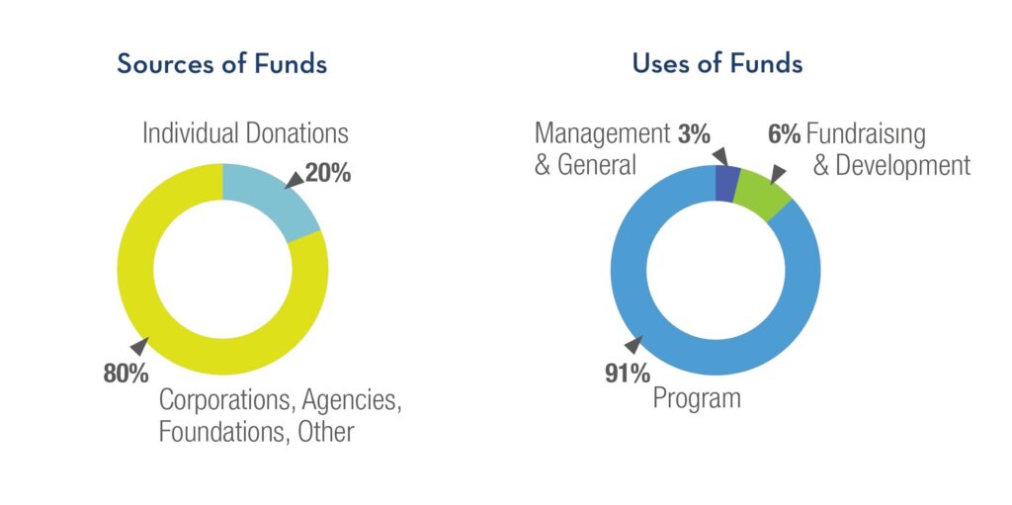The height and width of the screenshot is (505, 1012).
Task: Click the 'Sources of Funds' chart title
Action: tap(221, 64)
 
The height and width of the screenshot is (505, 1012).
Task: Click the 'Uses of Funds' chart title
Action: tap(717, 64)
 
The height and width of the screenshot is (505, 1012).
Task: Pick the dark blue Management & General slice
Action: tap(726, 183)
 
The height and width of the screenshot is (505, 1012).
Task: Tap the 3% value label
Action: tap(694, 133)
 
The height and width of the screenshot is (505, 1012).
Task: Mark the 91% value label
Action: tap(628, 373)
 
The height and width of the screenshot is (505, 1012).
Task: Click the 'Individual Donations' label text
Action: tap(245, 133)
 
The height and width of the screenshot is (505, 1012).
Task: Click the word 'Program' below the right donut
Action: tap(696, 399)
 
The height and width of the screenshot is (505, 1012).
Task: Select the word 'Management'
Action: tap(602, 133)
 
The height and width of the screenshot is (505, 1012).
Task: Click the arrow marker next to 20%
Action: tap(294, 179)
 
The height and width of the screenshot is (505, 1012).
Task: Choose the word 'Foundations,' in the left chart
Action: tap(218, 432)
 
